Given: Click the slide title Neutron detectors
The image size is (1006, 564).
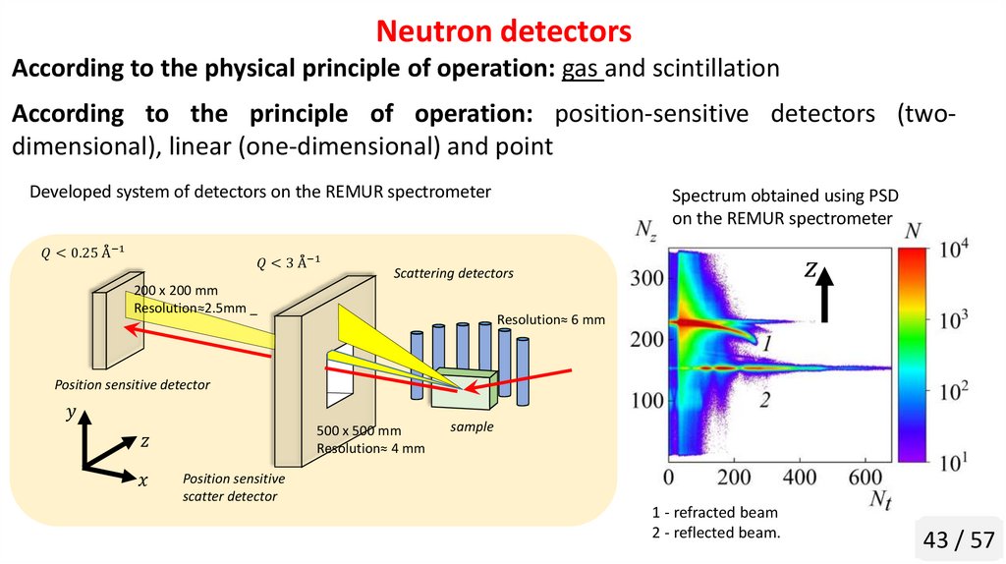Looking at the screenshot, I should tap(503, 31).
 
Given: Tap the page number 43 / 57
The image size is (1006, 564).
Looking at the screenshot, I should tap(957, 539).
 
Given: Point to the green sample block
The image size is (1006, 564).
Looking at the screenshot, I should tap(463, 387).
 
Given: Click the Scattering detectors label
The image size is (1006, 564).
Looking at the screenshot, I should tap(453, 273).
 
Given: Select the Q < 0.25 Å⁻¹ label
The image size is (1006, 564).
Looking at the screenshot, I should tap(83, 253).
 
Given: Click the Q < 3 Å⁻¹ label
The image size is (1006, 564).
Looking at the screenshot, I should tap(289, 261).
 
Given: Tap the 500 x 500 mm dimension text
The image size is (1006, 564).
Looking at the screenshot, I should tap(359, 430).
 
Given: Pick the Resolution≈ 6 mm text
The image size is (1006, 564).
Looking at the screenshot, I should tap(551, 319).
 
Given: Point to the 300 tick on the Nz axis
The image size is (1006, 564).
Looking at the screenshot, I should tap(647, 278).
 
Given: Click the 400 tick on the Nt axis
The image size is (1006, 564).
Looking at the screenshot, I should tap(802, 477).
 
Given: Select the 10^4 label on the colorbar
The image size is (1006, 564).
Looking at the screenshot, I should tap(950, 251).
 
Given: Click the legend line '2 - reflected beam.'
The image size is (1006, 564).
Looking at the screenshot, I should tap(715, 534).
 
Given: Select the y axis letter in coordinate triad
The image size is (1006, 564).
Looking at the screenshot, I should tap(70, 415).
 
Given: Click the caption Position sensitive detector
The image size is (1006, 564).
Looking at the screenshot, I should tap(132, 385).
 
